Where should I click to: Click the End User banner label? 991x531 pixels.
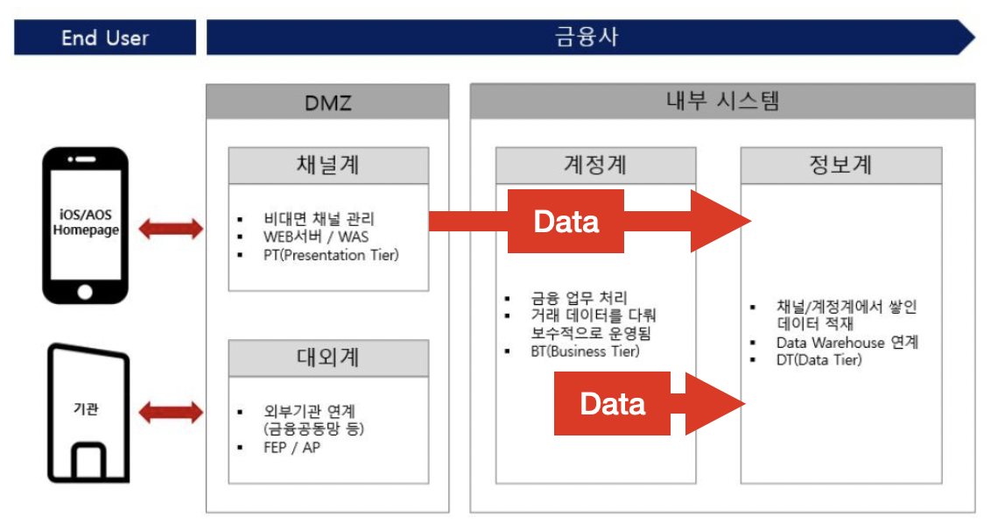pos(105,38)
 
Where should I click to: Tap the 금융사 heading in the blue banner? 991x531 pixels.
pos(587,38)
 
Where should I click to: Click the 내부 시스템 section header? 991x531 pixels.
pos(722,101)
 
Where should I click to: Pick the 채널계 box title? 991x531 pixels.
pos(328,166)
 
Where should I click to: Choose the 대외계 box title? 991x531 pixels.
pos(328,358)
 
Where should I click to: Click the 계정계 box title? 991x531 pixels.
pos(595,166)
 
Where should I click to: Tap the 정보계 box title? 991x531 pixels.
pos(841,166)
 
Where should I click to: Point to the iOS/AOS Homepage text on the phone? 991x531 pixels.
pos(86,223)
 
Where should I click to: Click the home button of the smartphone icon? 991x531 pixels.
pos(86,291)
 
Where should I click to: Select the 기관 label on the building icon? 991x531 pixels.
pos(86,409)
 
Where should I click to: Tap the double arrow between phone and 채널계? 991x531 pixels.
pos(170,230)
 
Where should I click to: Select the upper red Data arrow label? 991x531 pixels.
pos(566,222)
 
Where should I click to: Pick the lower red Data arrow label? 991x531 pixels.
pos(613,403)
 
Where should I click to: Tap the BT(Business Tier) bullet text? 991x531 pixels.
pos(585,351)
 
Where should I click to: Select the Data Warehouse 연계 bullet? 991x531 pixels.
pos(847,343)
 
